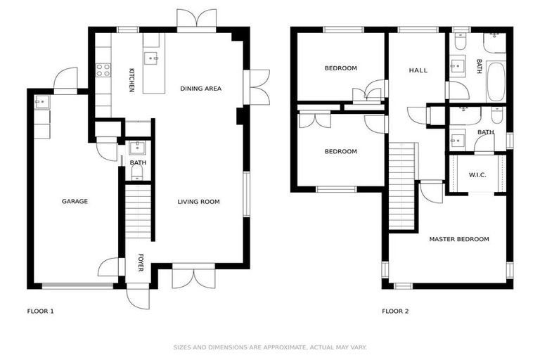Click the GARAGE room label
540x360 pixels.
point(75,202)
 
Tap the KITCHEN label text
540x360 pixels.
point(131,80)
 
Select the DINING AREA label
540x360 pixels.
point(200,89)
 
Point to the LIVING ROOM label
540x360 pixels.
point(198,202)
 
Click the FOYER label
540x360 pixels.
point(140,263)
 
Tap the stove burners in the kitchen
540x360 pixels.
point(103,70)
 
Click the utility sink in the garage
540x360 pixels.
point(41,102)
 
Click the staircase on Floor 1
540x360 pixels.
point(138,211)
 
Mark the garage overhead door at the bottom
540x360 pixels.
point(77,285)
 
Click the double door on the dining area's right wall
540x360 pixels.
point(257,87)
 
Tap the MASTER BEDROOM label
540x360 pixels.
point(458,240)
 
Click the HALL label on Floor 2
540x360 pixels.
point(418,70)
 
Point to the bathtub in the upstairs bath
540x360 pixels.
point(496,82)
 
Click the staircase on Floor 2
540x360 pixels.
point(403,186)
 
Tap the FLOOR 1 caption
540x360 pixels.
point(40,311)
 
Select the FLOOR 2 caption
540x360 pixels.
point(395,311)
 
